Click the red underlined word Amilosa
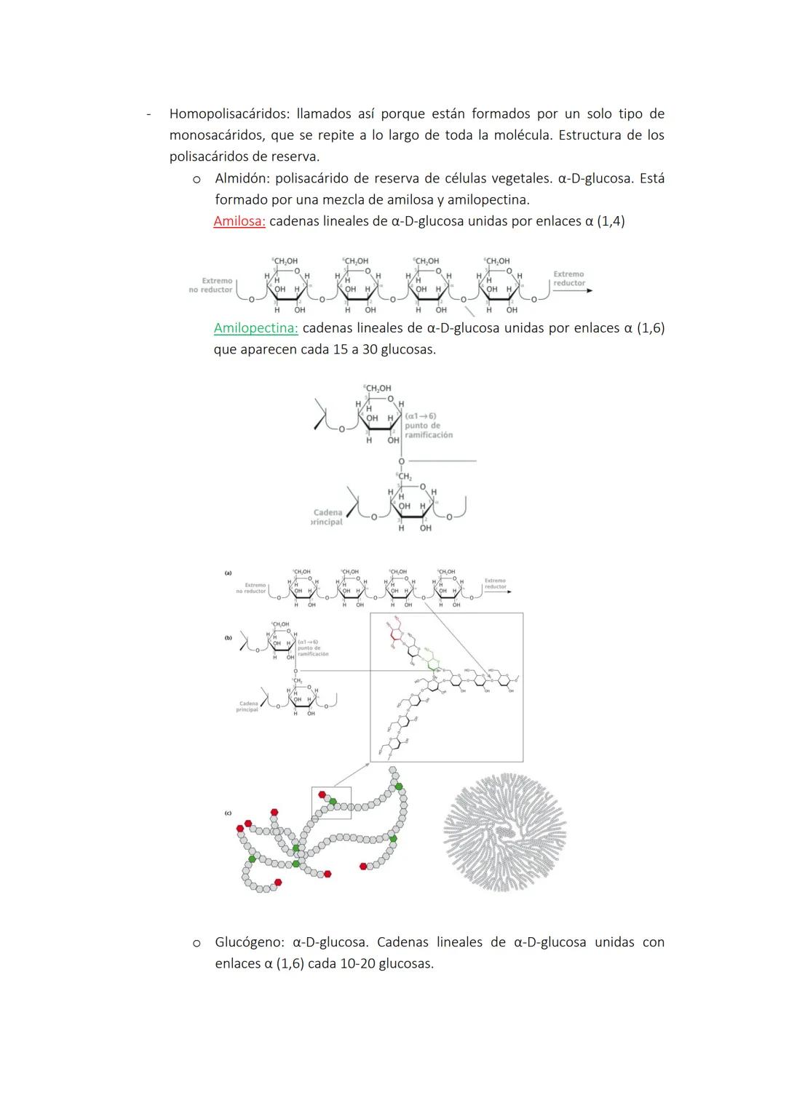[239, 221]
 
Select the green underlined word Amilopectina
[255, 328]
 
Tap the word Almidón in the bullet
[242, 178]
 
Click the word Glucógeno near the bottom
[249, 942]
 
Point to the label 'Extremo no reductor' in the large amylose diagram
[211, 285]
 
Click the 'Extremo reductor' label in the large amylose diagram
[568, 279]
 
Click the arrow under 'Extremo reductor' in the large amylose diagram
[572, 290]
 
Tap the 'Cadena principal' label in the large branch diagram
[327, 517]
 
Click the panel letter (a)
[229, 573]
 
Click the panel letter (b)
[229, 637]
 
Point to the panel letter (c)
[229, 813]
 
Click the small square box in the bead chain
[331, 803]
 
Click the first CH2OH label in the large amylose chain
[285, 260]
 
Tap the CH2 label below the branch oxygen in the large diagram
[405, 477]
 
